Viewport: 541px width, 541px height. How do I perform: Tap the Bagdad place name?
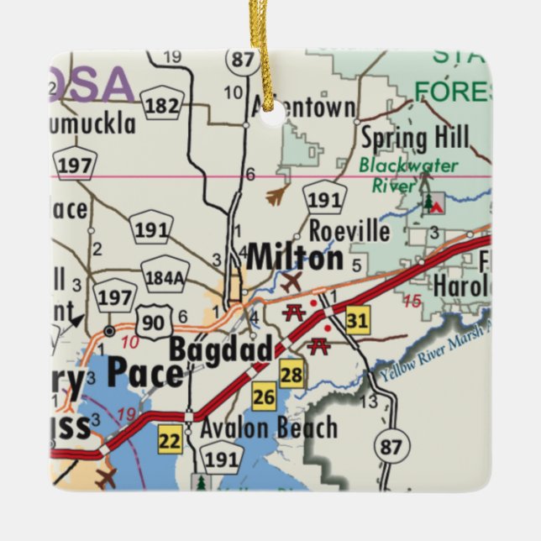pos(221,349)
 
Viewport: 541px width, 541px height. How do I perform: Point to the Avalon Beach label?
pos(269,428)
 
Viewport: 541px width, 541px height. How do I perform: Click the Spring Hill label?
pos(414,137)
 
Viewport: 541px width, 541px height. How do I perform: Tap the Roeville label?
pos(349,230)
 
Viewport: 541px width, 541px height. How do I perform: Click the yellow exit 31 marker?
pos(357,320)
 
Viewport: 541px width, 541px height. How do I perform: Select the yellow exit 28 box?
pos(292,374)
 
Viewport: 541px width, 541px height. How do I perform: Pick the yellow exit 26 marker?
pos(264,396)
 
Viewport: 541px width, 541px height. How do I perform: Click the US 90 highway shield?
pos(151,320)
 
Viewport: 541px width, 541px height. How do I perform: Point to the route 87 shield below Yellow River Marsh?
pos(391,447)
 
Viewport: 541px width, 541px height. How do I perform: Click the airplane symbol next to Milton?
pos(292,282)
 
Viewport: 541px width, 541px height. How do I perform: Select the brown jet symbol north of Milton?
pos(275,197)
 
